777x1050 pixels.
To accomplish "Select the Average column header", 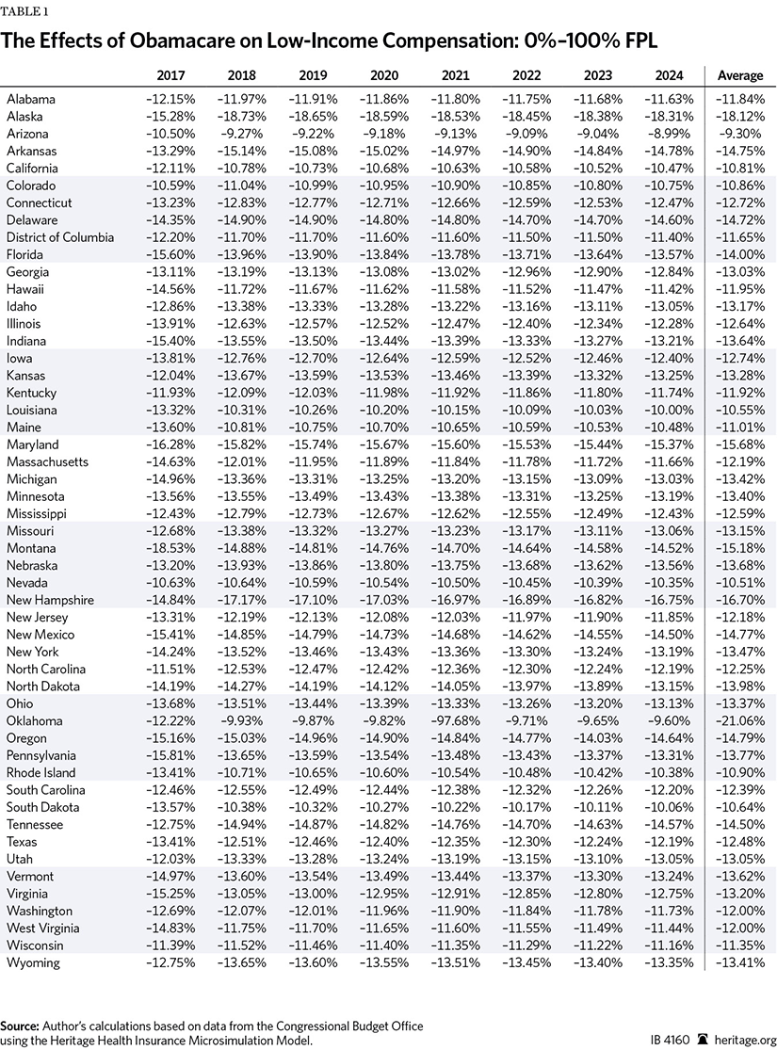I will click(740, 75).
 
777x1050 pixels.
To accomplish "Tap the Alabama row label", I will click(31, 99).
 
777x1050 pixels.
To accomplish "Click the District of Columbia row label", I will click(59, 237).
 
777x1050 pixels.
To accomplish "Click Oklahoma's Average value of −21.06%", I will click(740, 720).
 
